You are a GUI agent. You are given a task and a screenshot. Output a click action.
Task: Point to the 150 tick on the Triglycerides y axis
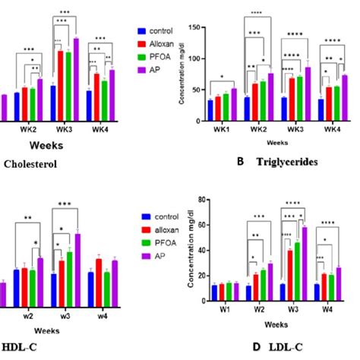pos(198,29)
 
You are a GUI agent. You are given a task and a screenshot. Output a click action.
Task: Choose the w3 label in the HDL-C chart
pos(68,312)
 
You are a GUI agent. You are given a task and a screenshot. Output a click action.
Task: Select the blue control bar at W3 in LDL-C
pos(283,295)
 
